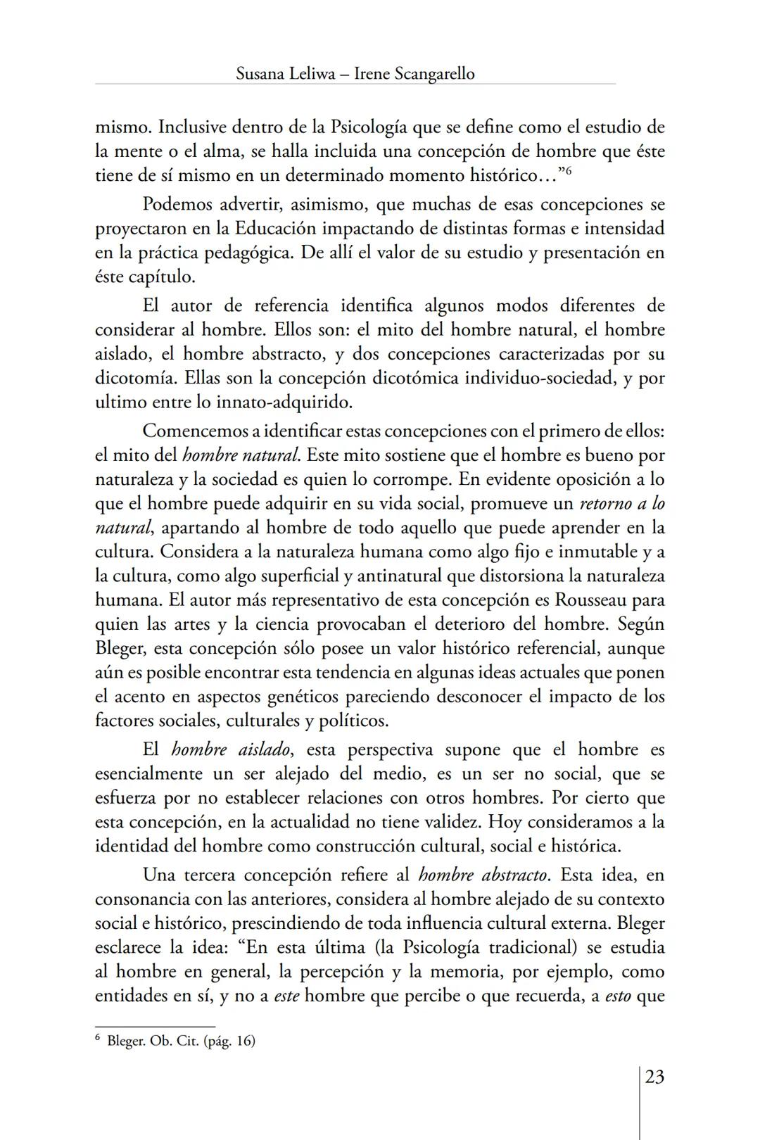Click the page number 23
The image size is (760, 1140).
click(x=654, y=1077)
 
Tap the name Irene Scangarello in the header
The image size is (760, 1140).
click(x=414, y=73)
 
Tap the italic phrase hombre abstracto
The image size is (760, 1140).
click(x=483, y=875)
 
